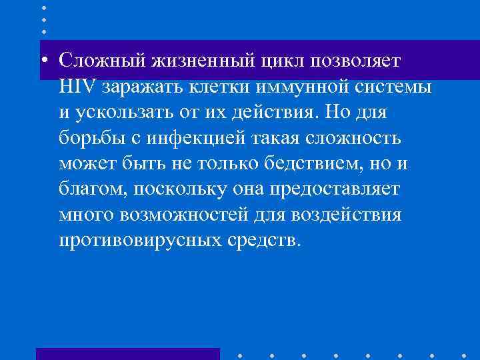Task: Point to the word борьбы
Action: tap(87, 138)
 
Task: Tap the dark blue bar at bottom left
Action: tap(127, 354)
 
